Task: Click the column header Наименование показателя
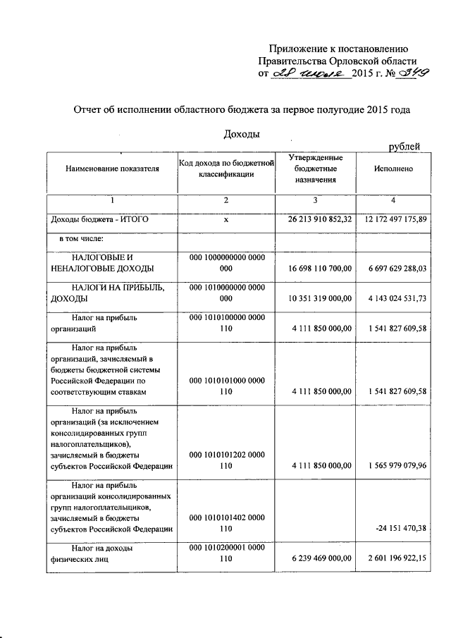coord(112,169)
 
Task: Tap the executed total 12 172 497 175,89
coord(395,221)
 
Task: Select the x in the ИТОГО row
coord(225,221)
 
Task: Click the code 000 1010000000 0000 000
coord(225,292)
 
